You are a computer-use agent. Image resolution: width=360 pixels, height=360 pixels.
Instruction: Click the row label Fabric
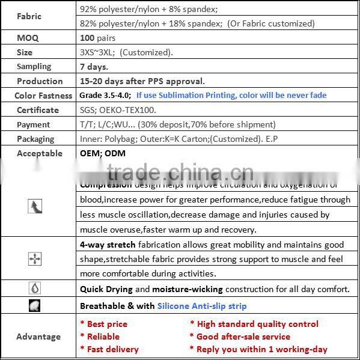point(29,17)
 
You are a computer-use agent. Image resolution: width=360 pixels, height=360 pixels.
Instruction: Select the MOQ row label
point(28,38)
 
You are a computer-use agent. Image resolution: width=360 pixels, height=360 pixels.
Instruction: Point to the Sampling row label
point(34,67)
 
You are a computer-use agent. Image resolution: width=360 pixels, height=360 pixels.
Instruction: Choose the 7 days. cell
point(94,67)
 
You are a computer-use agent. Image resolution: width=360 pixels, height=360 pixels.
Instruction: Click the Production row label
point(40,81)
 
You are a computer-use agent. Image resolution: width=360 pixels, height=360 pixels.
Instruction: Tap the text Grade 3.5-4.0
point(105,96)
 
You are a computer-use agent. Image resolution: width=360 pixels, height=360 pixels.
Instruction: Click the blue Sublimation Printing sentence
point(231,96)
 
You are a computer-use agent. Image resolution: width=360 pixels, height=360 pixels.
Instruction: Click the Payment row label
point(34,124)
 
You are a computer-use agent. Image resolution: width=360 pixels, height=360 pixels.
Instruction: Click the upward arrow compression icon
point(35,207)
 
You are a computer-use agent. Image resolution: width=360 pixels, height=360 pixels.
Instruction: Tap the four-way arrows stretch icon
point(35,259)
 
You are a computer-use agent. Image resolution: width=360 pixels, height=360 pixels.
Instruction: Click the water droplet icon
point(35,288)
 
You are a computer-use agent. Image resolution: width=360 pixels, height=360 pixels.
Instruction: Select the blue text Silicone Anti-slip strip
point(202,306)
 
